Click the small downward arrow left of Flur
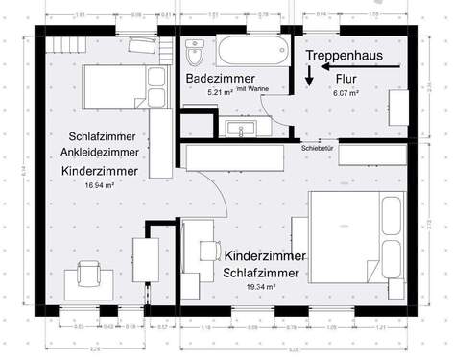click(x=309, y=84)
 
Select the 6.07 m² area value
click(x=346, y=94)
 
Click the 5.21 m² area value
click(x=220, y=91)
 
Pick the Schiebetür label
click(x=316, y=149)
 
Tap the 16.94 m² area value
click(x=100, y=184)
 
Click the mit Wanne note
click(x=251, y=88)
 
